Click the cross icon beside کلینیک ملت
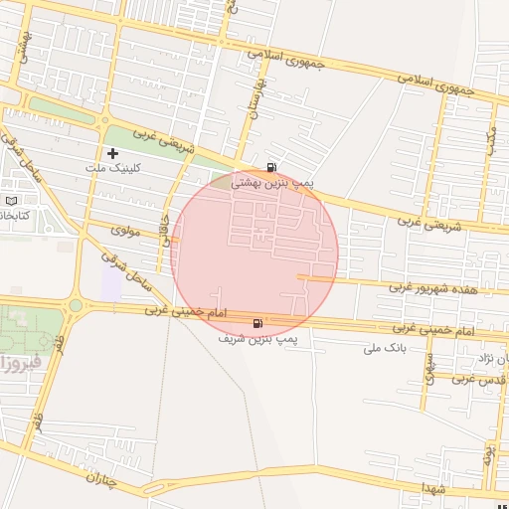pyautogui.click(x=112, y=154)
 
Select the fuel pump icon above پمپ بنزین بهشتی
pyautogui.click(x=272, y=167)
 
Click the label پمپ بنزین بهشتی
pyautogui.click(x=272, y=183)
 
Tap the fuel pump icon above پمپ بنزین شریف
pyautogui.click(x=259, y=322)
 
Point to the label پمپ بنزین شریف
pyautogui.click(x=257, y=338)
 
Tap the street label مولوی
pyautogui.click(x=126, y=230)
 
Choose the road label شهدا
pyautogui.click(x=434, y=488)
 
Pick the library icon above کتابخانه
pyautogui.click(x=13, y=200)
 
